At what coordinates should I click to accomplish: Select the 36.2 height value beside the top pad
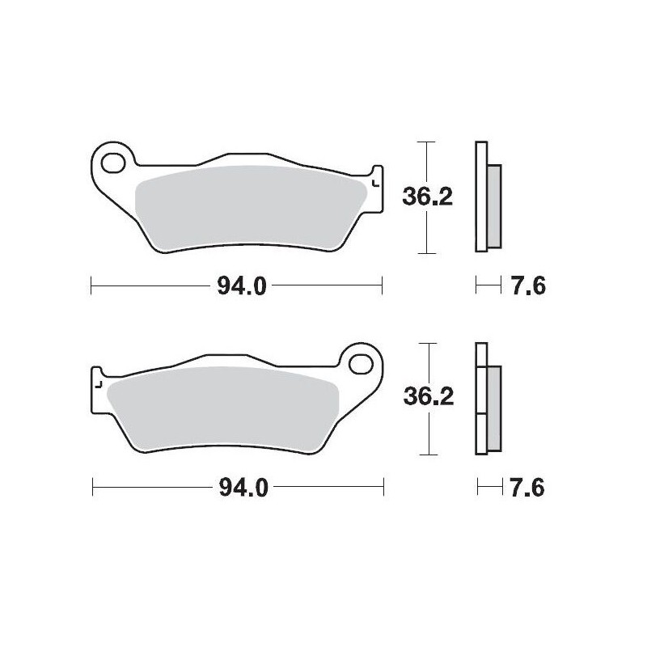pos(426,197)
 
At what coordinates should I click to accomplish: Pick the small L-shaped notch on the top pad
pos(373,184)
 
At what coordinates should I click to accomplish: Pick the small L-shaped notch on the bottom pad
pos(99,385)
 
